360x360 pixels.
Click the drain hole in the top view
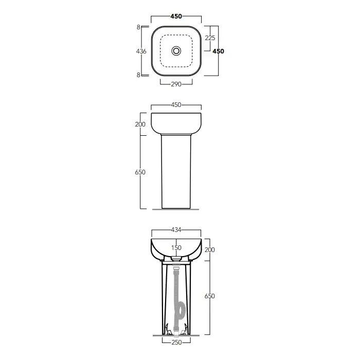(x=176, y=51)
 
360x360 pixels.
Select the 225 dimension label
(x=210, y=38)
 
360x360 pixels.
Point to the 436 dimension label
(x=141, y=51)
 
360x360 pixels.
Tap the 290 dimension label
(x=176, y=84)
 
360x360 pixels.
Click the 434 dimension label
(x=176, y=230)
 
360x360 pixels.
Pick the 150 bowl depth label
(x=176, y=248)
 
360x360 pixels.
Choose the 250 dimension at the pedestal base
(x=176, y=343)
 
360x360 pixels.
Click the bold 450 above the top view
(x=176, y=16)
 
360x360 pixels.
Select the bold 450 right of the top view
(x=218, y=51)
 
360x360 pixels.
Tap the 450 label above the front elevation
(x=176, y=105)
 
